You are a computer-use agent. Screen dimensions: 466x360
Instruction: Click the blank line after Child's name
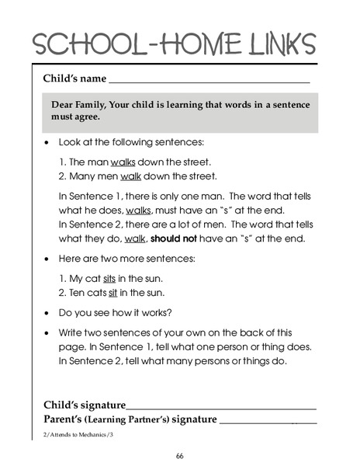click(209, 80)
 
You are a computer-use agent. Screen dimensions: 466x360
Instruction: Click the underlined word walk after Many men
click(130, 176)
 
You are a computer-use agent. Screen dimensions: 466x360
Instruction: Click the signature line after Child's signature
click(221, 407)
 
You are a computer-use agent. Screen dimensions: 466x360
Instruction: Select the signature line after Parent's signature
click(268, 422)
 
